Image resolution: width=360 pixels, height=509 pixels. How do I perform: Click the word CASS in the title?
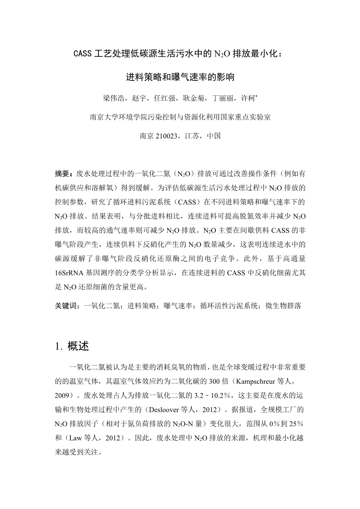(x=82, y=54)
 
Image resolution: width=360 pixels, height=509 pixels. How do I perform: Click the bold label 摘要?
(x=62, y=174)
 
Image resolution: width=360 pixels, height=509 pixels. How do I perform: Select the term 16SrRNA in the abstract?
(x=69, y=273)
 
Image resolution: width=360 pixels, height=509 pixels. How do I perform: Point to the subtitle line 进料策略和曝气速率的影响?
(x=180, y=77)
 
